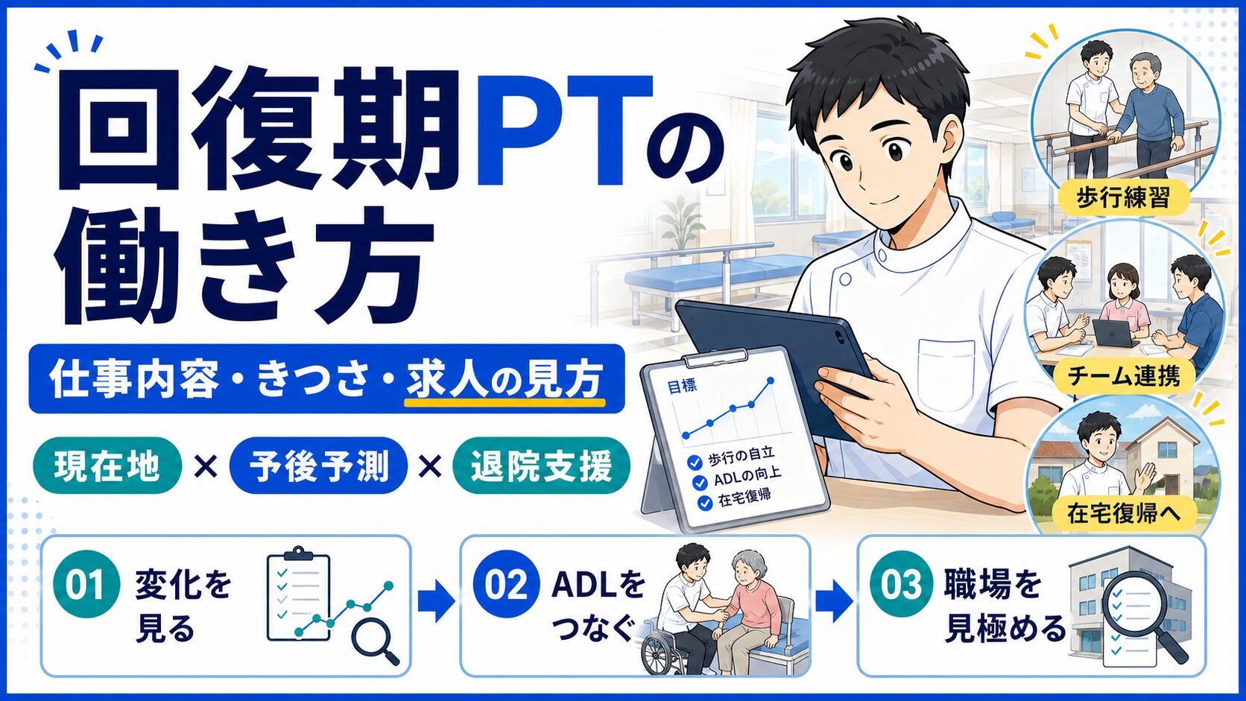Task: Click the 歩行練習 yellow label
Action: click(x=1124, y=197)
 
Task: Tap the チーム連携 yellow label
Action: click(x=1124, y=376)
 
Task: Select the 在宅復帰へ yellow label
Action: click(x=1124, y=513)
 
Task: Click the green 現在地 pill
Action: click(x=107, y=466)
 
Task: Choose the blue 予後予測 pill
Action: click(x=318, y=466)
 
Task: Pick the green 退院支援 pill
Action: click(x=541, y=466)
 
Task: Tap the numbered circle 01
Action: click(x=86, y=584)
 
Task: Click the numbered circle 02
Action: click(x=506, y=584)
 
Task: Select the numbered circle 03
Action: click(x=901, y=584)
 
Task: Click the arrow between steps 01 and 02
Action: click(x=436, y=601)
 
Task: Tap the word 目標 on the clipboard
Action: click(x=682, y=387)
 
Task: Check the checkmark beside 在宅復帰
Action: click(x=705, y=503)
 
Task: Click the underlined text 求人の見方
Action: click(x=505, y=381)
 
